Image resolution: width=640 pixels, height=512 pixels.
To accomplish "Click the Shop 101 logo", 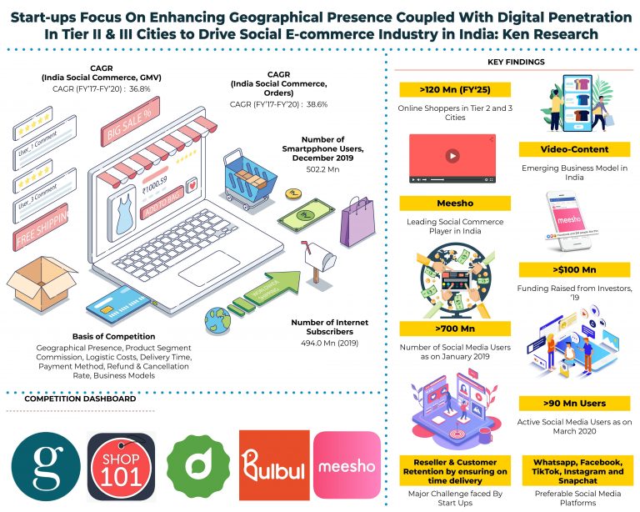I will point(122,465).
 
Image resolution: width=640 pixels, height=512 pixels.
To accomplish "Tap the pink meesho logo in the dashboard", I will point(347,465).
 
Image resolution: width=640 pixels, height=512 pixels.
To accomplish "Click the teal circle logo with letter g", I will point(47,465).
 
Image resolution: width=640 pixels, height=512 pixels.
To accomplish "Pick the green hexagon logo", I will point(197,465).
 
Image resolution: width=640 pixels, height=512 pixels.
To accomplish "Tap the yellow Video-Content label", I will point(564,149).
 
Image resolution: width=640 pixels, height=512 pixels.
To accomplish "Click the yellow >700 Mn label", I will point(454,329).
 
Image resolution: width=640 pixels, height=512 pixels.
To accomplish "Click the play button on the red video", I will point(451,155).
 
